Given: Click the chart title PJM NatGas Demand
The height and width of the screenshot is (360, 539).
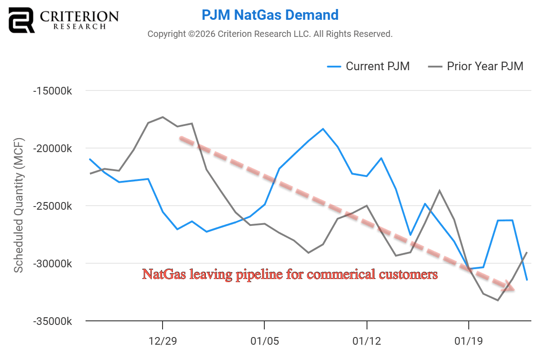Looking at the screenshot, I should pyautogui.click(x=270, y=15).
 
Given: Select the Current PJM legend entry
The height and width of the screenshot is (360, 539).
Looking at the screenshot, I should pyautogui.click(x=368, y=67).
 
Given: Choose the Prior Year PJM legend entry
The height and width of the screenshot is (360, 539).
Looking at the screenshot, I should pyautogui.click(x=476, y=67).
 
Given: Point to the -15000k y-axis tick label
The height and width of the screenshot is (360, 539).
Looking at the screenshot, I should pyautogui.click(x=53, y=90).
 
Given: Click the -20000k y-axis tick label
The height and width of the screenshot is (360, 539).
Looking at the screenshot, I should pyautogui.click(x=53, y=148).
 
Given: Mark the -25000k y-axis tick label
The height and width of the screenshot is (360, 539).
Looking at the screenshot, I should pyautogui.click(x=53, y=206).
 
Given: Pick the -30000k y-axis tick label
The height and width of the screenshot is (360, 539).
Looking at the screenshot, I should pyautogui.click(x=53, y=263).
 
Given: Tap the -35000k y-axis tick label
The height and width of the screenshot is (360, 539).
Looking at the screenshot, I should pyautogui.click(x=53, y=321).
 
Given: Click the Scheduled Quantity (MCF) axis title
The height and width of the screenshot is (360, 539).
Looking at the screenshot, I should pyautogui.click(x=18, y=206).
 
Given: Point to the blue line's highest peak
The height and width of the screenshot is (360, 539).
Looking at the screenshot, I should pyautogui.click(x=323, y=129).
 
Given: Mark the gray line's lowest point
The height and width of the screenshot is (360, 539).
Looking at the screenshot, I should pyautogui.click(x=498, y=300).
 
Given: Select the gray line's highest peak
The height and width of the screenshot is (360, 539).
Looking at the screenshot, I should pyautogui.click(x=163, y=117).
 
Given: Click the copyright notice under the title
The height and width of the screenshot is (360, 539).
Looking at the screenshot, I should pyautogui.click(x=270, y=34).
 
